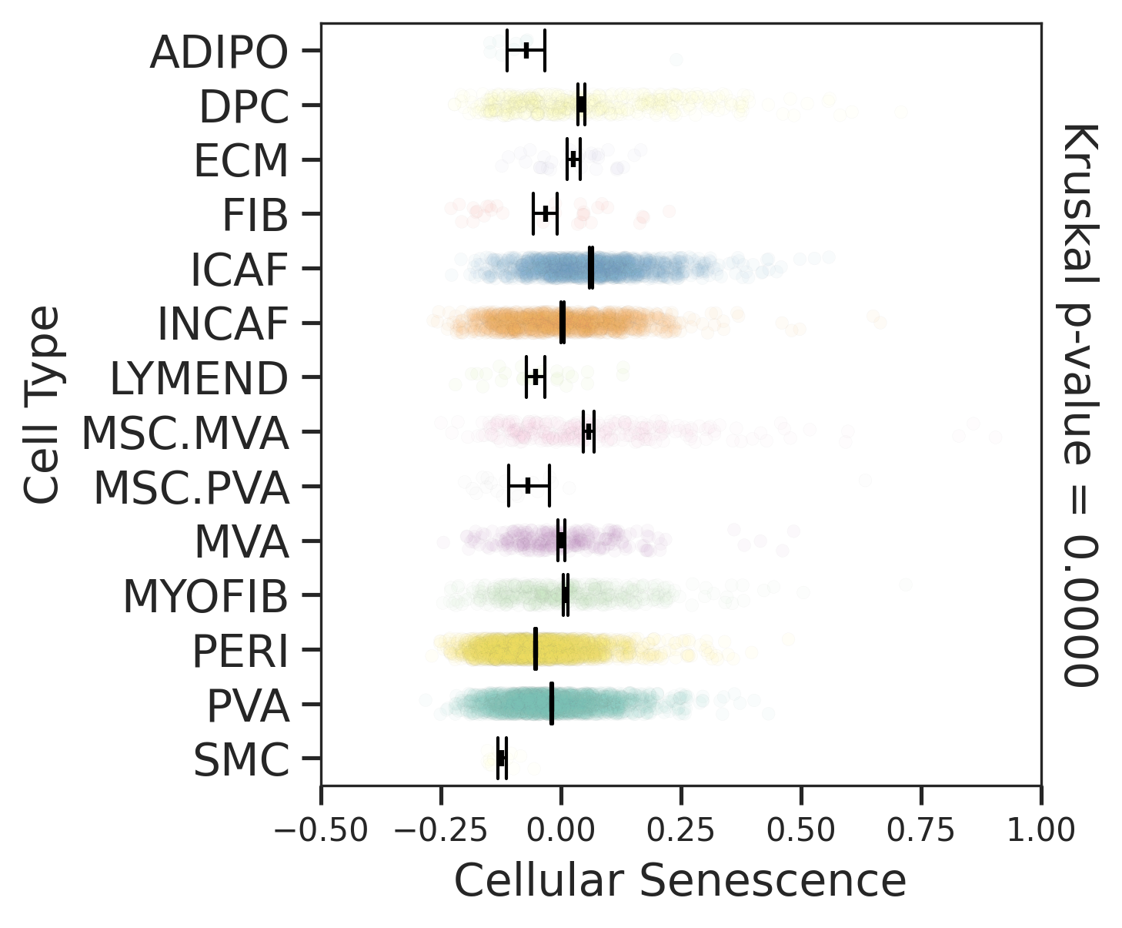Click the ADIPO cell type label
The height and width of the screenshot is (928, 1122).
pyautogui.click(x=219, y=52)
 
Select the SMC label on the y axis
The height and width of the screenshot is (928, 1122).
pyautogui.click(x=241, y=761)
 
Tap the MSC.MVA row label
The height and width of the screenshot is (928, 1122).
pyautogui.click(x=185, y=434)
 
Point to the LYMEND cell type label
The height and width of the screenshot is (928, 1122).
pyautogui.click(x=199, y=379)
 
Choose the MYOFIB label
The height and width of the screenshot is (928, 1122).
pyautogui.click(x=205, y=597)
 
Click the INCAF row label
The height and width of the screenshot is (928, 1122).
pyautogui.click(x=222, y=324)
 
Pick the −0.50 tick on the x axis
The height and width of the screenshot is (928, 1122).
pyautogui.click(x=321, y=831)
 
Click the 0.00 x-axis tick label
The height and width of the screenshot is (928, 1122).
pyautogui.click(x=561, y=831)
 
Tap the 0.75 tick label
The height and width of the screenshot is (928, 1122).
pyautogui.click(x=921, y=831)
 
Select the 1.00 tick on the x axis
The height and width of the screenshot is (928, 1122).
pyautogui.click(x=1041, y=831)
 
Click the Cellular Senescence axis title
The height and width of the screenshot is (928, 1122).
pyautogui.click(x=680, y=880)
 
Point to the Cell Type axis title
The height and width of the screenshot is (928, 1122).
pyautogui.click(x=42, y=404)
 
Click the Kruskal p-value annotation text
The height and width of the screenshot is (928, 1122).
pyautogui.click(x=1080, y=404)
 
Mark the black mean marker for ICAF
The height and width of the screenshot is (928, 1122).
pyautogui.click(x=590, y=268)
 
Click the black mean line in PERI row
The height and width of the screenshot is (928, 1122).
pyautogui.click(x=535, y=649)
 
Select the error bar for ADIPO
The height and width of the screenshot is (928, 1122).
pyautogui.click(x=526, y=50)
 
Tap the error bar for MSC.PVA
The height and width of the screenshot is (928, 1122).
pyautogui.click(x=528, y=486)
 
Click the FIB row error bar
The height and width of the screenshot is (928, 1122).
pyautogui.click(x=545, y=213)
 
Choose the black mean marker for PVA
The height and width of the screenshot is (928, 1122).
pyautogui.click(x=551, y=704)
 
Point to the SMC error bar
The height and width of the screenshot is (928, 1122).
pyautogui.click(x=501, y=758)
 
